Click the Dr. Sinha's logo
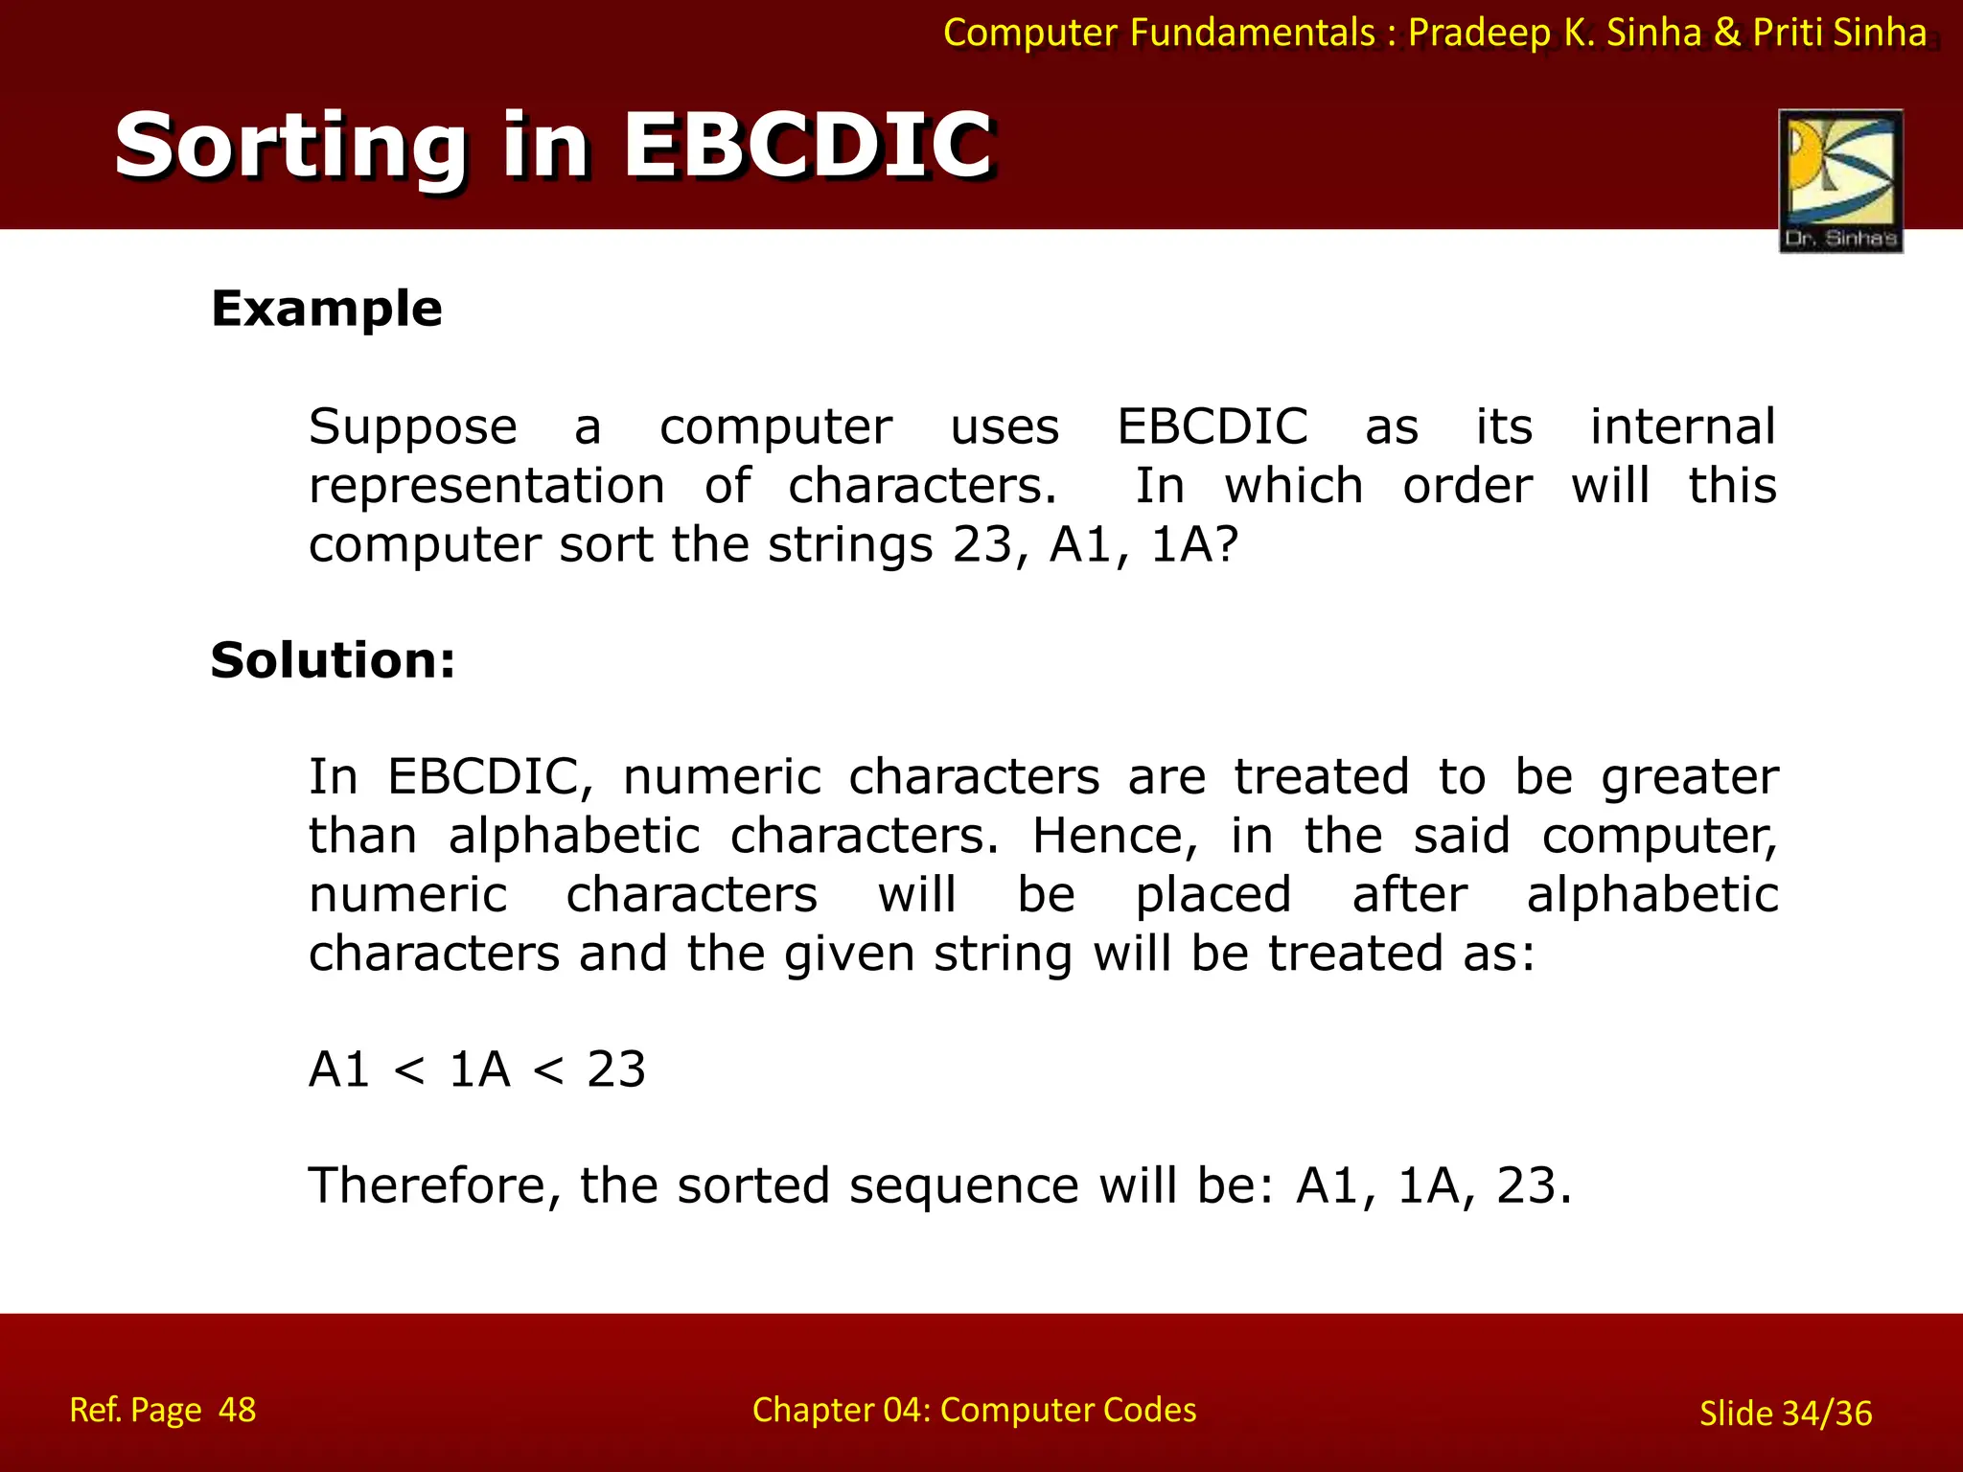(x=1840, y=181)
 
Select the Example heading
(x=326, y=309)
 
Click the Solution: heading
(x=333, y=660)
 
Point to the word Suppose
(x=412, y=427)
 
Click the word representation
(x=486, y=486)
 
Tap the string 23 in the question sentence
(x=982, y=545)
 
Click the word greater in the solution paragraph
(x=1689, y=777)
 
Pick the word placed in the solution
(x=1212, y=895)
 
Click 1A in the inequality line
(x=479, y=1069)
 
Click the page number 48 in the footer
(x=237, y=1410)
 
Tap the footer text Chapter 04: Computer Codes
(x=974, y=1410)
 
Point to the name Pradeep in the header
(x=1479, y=34)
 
